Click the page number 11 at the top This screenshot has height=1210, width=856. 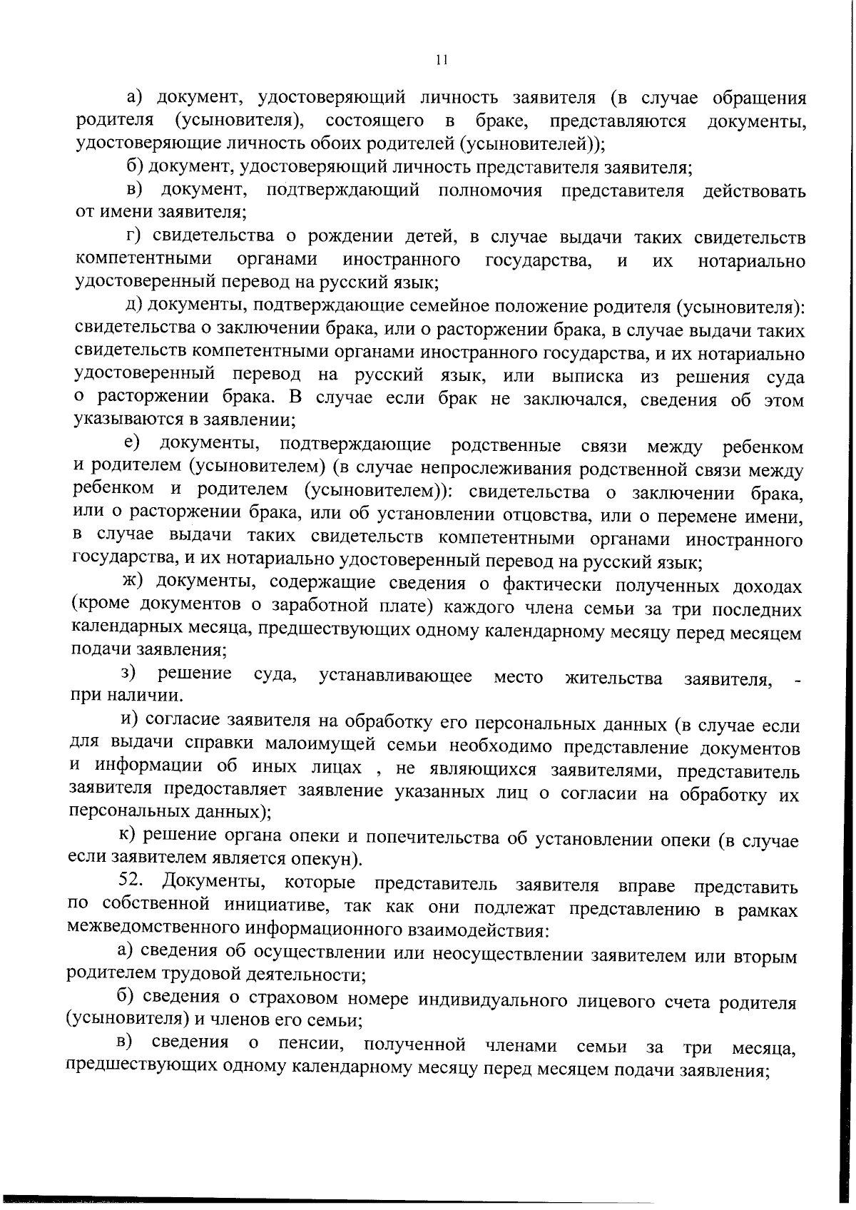click(441, 61)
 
